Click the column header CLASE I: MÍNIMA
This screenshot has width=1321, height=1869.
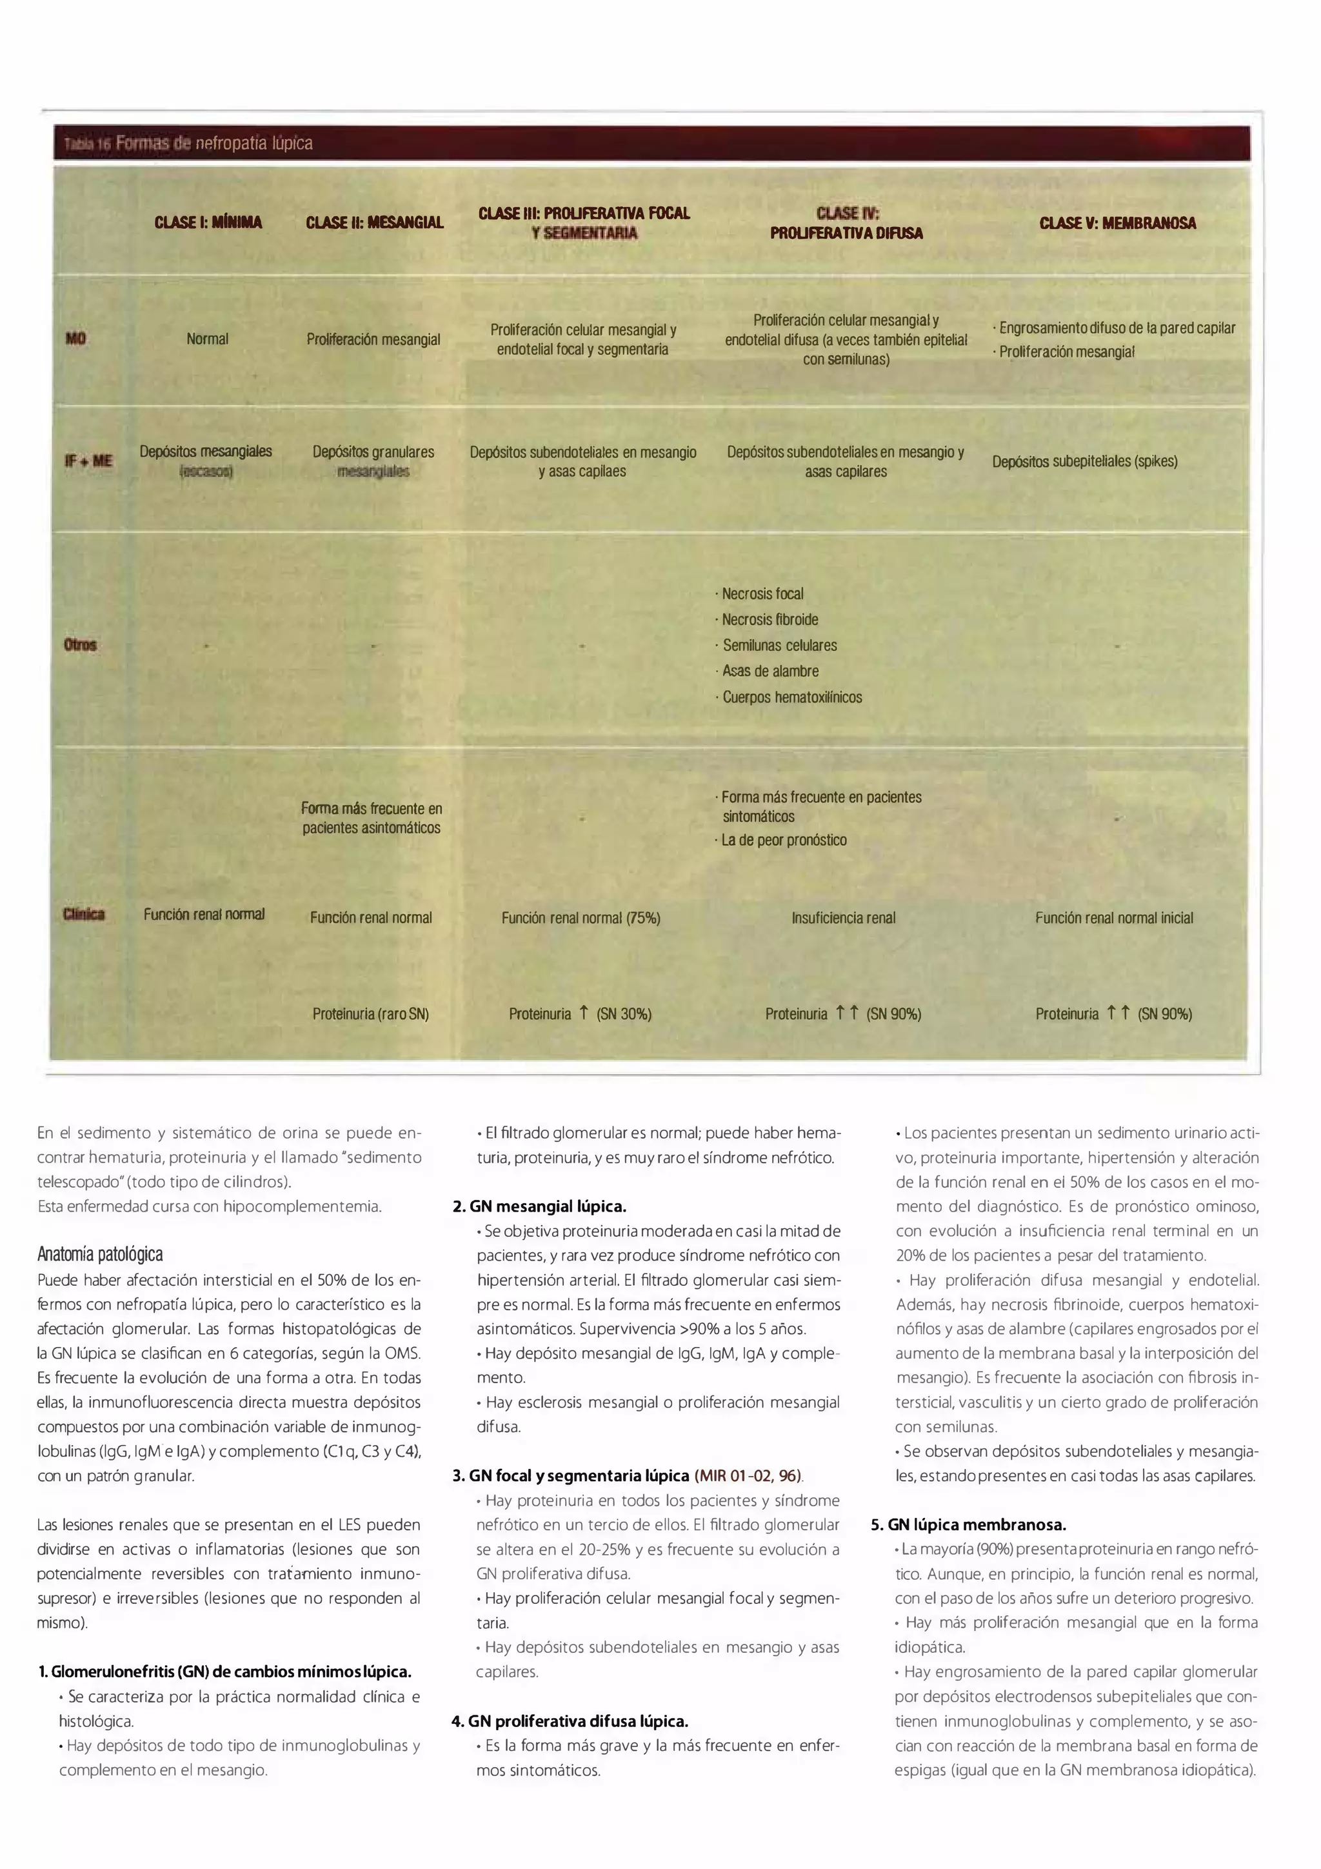208,222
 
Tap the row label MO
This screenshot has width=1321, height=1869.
75,339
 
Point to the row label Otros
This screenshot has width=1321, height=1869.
80,645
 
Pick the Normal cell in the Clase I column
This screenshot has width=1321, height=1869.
208,339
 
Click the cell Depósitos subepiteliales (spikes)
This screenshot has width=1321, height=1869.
1084,461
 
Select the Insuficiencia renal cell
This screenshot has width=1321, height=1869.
843,918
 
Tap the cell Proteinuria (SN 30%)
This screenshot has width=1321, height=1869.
581,1014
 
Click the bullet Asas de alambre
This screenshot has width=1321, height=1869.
770,671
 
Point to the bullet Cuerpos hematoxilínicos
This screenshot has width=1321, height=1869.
791,697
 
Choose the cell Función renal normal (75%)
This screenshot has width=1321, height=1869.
581,918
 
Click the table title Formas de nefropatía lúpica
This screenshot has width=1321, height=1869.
214,143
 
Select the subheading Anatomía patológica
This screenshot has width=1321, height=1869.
100,1254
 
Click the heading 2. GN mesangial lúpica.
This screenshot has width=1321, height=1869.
539,1206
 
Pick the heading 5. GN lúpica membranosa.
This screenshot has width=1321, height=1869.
968,1524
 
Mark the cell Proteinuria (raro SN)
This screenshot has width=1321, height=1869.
370,1014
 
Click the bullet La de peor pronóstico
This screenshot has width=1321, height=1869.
784,840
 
